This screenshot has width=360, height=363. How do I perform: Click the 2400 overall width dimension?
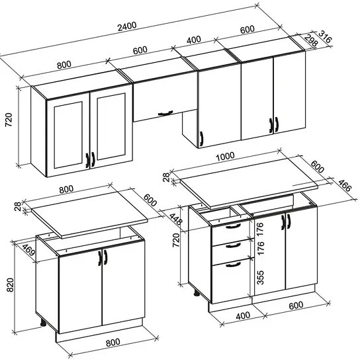click(127, 26)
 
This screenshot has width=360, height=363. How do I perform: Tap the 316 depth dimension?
click(325, 36)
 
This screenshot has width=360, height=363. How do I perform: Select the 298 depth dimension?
click(311, 40)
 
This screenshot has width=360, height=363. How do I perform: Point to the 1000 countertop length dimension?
click(225, 157)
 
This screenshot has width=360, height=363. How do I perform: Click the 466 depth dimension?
click(345, 185)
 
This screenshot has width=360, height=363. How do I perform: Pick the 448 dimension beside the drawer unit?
click(175, 219)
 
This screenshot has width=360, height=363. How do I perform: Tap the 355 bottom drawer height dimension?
click(260, 277)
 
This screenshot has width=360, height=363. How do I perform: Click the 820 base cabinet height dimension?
click(10, 285)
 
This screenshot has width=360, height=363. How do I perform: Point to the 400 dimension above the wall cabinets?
click(194, 40)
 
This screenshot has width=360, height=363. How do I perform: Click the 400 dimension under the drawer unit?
click(243, 315)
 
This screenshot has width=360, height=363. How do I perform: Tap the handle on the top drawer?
click(233, 226)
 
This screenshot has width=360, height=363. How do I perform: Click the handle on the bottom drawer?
click(233, 264)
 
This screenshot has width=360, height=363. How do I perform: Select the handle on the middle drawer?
click(233, 245)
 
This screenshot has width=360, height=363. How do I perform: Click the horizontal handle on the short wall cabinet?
click(165, 113)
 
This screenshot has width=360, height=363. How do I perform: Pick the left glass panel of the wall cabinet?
click(68, 134)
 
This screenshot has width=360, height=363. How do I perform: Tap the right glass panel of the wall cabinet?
click(111, 126)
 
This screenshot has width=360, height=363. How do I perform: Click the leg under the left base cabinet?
click(43, 323)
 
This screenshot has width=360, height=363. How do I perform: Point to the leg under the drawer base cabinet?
click(197, 294)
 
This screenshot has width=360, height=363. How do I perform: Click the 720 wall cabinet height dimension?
click(9, 120)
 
